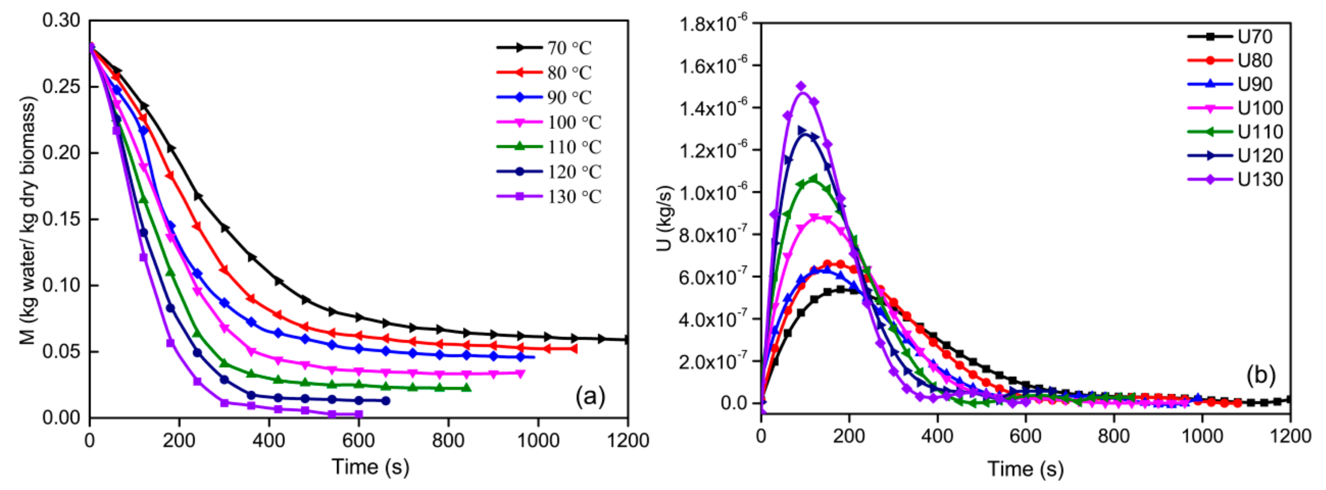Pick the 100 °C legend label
(574, 122)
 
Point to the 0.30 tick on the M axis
(61, 21)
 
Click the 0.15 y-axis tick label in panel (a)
(61, 220)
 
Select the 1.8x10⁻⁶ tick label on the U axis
(713, 24)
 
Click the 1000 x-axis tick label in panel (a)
(538, 441)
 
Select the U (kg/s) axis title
(665, 219)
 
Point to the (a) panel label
(590, 396)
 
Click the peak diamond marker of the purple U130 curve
(801, 86)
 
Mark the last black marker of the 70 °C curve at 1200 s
(626, 340)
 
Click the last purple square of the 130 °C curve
(359, 414)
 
